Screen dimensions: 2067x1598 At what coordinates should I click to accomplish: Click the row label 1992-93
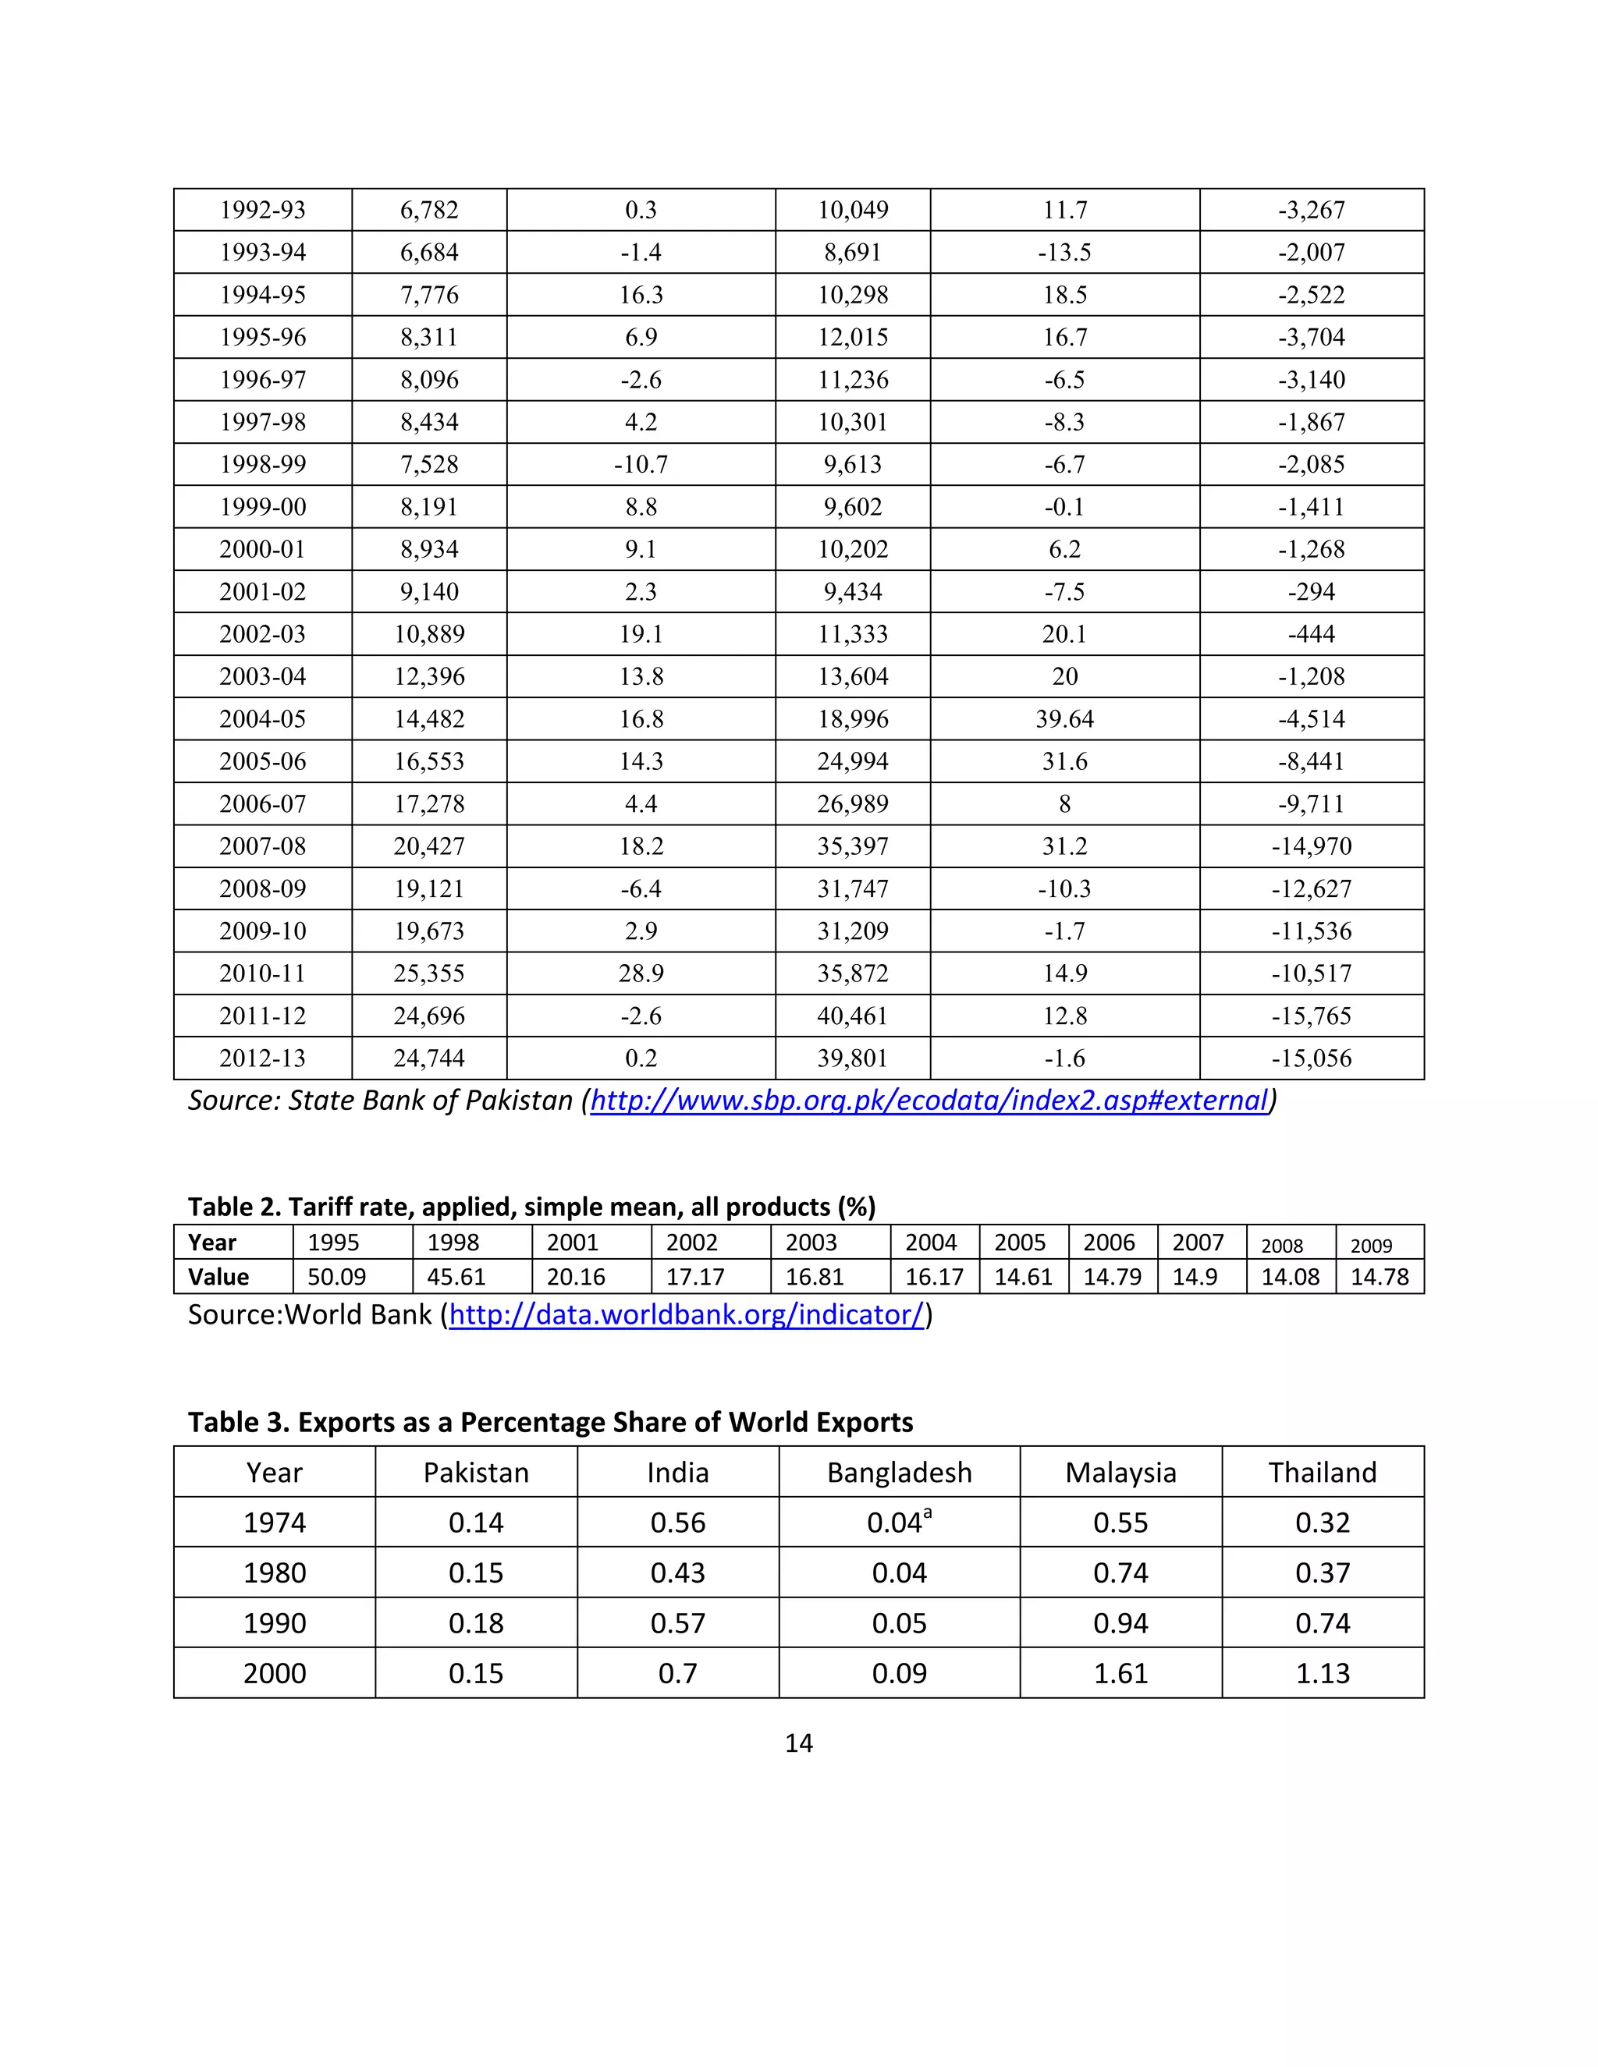(262, 210)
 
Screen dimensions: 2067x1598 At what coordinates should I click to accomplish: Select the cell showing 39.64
(1064, 719)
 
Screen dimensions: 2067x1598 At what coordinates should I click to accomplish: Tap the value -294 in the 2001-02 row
(1311, 591)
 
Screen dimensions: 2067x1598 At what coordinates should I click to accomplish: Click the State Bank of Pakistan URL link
(929, 1100)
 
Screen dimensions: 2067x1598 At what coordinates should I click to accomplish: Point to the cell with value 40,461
(852, 1016)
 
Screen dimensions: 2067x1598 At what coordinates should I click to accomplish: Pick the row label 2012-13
(262, 1058)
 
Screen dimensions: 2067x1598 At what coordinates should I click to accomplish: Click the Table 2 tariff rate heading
(531, 1207)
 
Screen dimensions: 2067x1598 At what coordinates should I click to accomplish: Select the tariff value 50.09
(336, 1277)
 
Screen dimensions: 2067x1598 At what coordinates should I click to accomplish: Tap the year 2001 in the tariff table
(572, 1242)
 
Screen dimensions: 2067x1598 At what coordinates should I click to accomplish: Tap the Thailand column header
(1322, 1473)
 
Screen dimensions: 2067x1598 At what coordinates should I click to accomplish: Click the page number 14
(798, 1743)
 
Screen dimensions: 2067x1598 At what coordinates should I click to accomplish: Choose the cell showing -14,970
(1311, 846)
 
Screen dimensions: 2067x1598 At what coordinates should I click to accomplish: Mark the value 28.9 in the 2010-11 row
(641, 973)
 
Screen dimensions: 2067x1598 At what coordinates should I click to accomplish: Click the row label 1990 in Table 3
(275, 1623)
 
